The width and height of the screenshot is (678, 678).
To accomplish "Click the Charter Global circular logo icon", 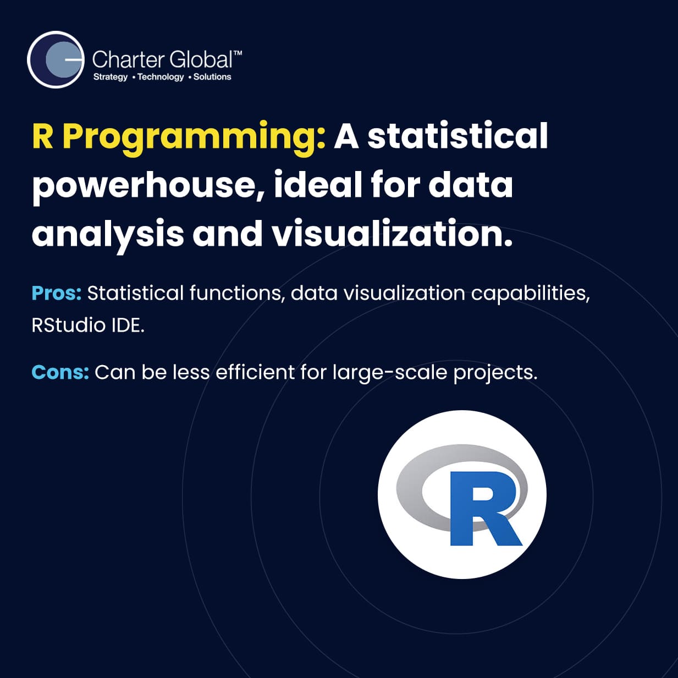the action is (56, 59).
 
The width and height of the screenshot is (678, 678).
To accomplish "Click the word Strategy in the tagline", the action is (110, 77).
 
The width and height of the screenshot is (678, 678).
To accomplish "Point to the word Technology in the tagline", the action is (161, 77).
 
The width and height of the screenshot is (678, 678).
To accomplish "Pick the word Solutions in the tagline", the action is (212, 76).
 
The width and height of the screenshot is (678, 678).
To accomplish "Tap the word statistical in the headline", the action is (457, 136).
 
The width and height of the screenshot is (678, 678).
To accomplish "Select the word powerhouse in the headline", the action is (147, 187).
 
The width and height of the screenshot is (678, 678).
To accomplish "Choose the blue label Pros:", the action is (57, 293).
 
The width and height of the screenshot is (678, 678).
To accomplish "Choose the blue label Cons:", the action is (60, 372).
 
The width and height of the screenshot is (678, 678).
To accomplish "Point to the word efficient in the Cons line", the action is (255, 372).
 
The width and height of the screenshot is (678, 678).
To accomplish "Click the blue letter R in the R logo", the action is (486, 509).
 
